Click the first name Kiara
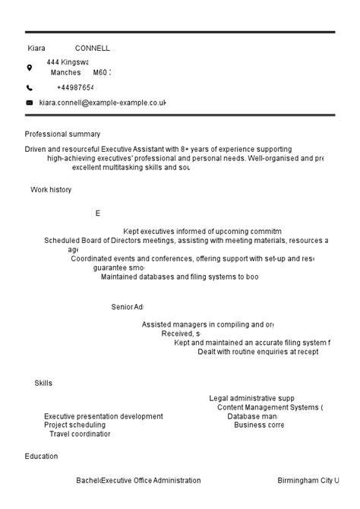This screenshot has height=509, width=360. click(36, 48)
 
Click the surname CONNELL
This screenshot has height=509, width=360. click(93, 48)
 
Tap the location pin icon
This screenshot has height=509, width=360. click(30, 67)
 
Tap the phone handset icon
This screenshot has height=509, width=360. click(30, 88)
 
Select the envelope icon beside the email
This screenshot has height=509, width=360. click(30, 103)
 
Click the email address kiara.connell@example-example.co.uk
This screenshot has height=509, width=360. click(103, 103)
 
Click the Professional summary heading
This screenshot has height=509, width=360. click(62, 134)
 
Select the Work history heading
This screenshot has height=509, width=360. click(51, 190)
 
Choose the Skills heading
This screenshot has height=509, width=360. click(43, 383)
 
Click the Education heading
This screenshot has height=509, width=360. click(41, 457)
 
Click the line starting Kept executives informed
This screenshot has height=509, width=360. click(202, 231)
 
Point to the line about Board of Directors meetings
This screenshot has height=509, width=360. click(185, 240)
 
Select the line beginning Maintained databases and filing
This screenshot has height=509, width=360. click(179, 277)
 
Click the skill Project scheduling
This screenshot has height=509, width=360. click(74, 425)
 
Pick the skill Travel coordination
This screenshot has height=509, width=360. click(80, 435)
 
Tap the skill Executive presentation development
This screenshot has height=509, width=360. click(103, 416)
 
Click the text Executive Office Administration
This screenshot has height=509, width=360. click(151, 480)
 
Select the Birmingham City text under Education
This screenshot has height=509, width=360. click(308, 480)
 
